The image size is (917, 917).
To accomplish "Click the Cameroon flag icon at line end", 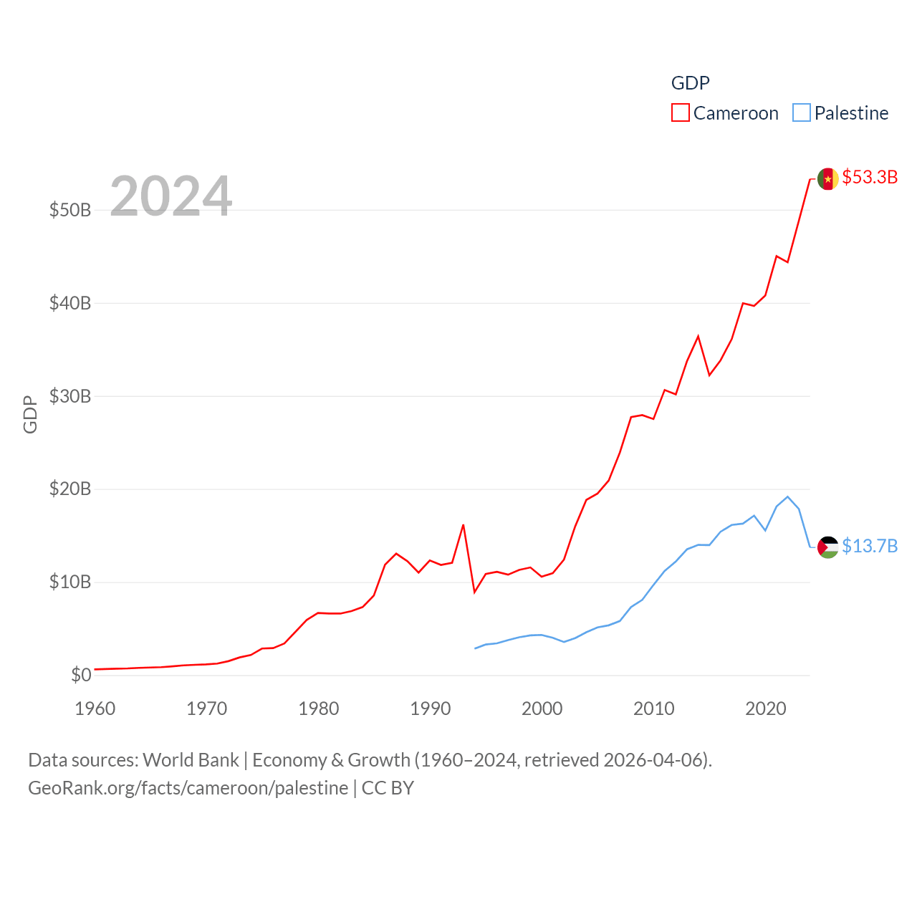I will (827, 179).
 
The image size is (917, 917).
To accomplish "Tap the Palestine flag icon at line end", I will (827, 547).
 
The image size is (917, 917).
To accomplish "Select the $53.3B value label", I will (870, 177).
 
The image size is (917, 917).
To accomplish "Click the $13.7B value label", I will (870, 546).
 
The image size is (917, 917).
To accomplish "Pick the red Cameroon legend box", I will (680, 113).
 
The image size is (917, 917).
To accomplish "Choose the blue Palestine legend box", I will (802, 113).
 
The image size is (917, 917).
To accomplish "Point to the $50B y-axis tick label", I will (70, 210).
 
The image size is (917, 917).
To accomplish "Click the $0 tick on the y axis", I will (81, 675).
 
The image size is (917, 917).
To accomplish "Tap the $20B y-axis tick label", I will (70, 489).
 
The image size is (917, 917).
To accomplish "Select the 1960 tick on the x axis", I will (95, 709).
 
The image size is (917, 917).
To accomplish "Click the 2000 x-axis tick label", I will (542, 709).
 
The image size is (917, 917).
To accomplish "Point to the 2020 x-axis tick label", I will (766, 709).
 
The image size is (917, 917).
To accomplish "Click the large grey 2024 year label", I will (171, 196).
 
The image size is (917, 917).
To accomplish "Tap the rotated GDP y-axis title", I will (30, 414).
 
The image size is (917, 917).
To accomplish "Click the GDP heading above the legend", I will (691, 83).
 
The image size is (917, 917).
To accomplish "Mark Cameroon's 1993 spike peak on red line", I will (464, 525).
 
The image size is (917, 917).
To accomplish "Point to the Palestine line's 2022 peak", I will (787, 496).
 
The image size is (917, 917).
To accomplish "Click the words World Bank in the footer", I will (191, 759).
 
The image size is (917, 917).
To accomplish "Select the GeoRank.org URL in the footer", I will (188, 788).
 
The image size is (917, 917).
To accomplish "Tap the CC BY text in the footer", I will (388, 788).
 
